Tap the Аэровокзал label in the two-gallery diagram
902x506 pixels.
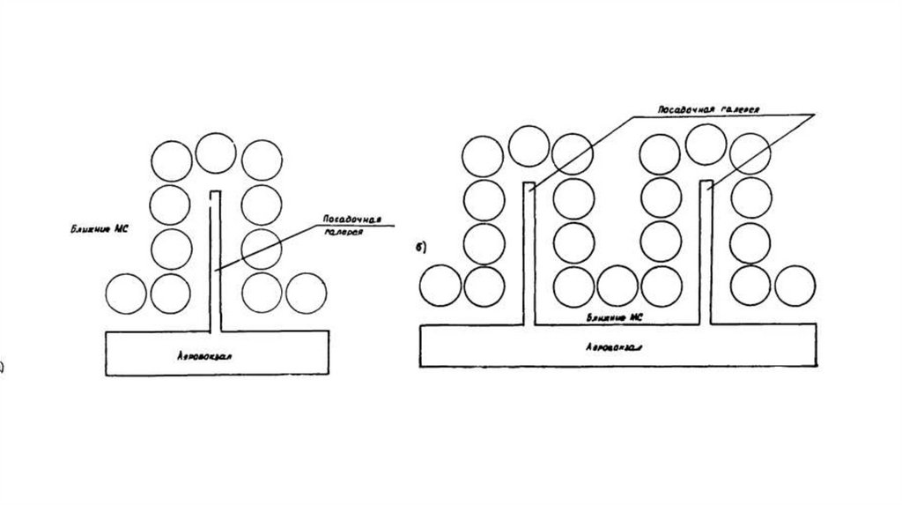[613, 347]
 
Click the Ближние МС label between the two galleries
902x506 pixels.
[616, 316]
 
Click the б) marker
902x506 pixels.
[421, 248]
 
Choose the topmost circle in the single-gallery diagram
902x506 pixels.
[216, 153]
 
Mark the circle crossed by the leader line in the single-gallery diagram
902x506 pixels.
[262, 248]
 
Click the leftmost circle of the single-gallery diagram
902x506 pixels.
[125, 294]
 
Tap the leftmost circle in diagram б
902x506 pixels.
[440, 286]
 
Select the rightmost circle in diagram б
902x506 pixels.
[794, 286]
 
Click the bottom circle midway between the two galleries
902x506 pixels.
[617, 286]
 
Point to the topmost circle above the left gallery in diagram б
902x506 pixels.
[529, 146]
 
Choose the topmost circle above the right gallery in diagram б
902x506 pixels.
[706, 144]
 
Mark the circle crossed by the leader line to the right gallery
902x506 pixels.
[750, 156]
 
